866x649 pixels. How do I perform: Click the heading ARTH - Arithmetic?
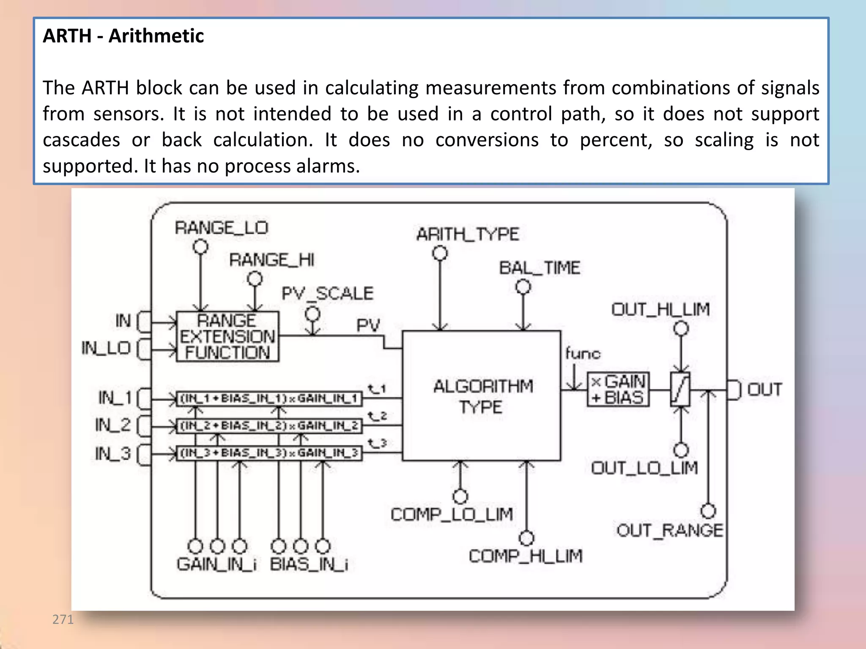[x=123, y=36]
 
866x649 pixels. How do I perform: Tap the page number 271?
[x=63, y=619]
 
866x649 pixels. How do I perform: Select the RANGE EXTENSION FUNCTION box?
[x=227, y=337]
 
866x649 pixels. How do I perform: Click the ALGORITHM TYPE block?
[x=482, y=396]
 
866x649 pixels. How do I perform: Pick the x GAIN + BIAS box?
[x=618, y=390]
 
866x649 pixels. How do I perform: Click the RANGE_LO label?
[x=222, y=228]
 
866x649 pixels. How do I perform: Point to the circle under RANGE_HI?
[x=255, y=278]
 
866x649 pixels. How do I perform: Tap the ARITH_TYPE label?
[x=467, y=234]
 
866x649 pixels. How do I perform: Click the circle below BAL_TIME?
[x=523, y=287]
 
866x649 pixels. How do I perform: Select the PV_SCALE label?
[x=328, y=294]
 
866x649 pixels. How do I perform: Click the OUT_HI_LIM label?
[x=660, y=310]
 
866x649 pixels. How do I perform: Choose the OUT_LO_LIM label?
[x=644, y=468]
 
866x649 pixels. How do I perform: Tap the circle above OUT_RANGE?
[x=708, y=511]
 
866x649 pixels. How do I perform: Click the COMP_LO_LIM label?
[x=452, y=515]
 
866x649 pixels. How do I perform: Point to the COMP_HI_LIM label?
[x=526, y=556]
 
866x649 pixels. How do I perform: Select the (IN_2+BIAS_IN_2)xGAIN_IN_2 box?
[x=269, y=425]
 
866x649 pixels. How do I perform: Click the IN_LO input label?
[x=106, y=349]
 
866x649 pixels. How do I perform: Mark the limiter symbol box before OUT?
[x=680, y=390]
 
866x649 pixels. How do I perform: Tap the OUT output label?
[x=765, y=390]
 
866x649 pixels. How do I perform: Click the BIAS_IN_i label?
[x=309, y=564]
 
